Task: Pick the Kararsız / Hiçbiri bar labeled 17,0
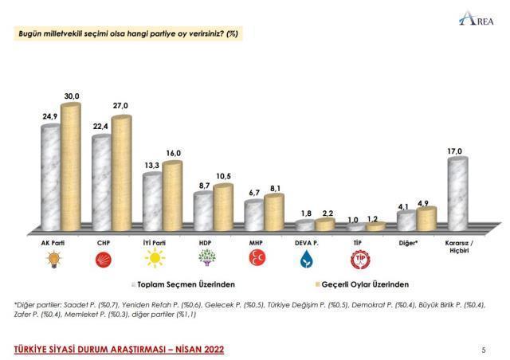pos(457,191)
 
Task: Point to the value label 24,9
pos(50,116)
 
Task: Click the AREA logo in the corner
pos(483,18)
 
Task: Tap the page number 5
pos(484,350)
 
